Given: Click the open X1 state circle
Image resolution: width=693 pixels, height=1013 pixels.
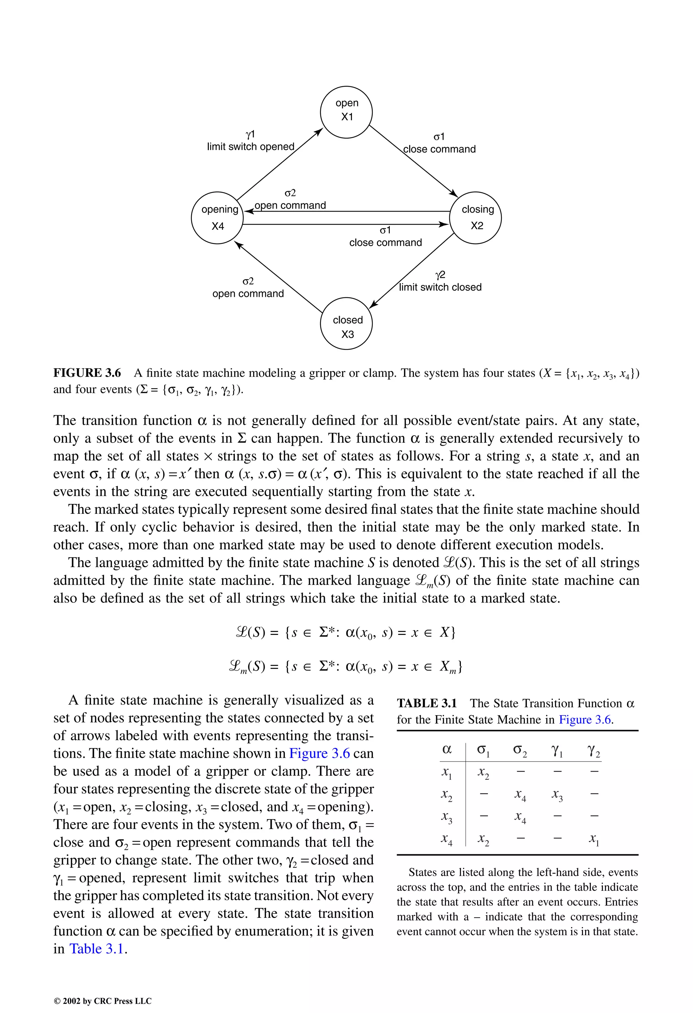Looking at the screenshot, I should point(346,112).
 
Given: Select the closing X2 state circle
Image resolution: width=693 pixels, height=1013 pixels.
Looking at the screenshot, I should point(475,218).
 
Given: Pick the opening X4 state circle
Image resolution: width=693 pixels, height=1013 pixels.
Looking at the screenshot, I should point(217,218).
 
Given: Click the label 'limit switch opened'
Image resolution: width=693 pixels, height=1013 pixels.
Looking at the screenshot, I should point(251,147).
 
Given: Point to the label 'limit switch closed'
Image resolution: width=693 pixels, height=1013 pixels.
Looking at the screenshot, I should point(440,287).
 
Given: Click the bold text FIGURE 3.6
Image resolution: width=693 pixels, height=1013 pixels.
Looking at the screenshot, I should point(87,373).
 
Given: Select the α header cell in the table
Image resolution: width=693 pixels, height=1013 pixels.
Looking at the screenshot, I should point(447,749).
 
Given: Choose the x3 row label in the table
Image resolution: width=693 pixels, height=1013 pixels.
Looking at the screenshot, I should point(447,817).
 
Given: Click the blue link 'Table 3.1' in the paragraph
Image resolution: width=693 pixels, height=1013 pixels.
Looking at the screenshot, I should point(97,949).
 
